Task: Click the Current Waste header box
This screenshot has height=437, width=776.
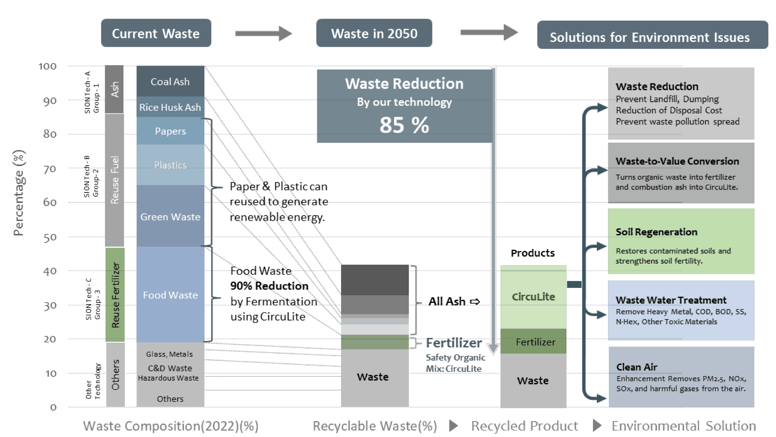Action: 156,33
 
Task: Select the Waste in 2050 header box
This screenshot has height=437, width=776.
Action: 374,33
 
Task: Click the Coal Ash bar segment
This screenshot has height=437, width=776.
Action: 170,81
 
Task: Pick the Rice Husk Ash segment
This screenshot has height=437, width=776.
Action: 170,107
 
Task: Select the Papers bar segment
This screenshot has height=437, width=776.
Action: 170,131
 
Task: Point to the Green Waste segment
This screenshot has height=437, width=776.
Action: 170,217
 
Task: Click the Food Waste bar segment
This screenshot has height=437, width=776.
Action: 170,295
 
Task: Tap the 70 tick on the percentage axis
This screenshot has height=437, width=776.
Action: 50,169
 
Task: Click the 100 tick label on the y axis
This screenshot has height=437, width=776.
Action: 48,66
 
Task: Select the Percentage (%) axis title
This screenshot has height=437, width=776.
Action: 19,193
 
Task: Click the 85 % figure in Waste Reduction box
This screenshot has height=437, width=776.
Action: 404,125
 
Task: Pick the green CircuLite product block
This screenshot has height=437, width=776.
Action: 533,296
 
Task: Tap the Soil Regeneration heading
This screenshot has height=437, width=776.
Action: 656,232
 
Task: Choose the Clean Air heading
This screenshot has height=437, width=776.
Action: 637,367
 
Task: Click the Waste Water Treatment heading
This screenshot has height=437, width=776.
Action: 671,300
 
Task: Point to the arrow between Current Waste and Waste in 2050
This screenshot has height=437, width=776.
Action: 263,33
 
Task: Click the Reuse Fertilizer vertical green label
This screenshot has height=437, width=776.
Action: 115,295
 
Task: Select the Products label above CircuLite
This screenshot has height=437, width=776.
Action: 533,253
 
